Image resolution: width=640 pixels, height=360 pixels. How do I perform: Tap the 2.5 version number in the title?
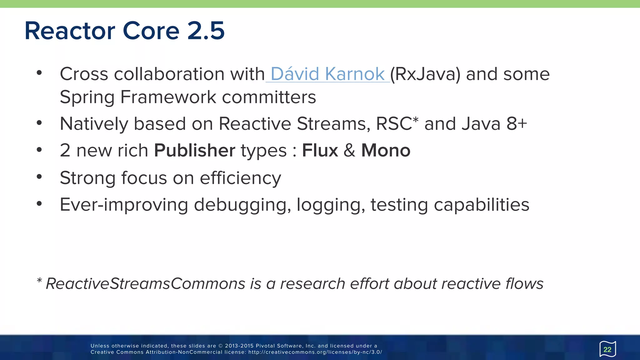pyautogui.click(x=206, y=31)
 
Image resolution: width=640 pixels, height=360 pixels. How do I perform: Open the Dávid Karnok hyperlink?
pyautogui.click(x=327, y=74)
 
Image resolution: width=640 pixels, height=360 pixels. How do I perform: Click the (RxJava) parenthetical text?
pyautogui.click(x=425, y=74)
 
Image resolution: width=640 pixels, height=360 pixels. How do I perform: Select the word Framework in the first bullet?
pyautogui.click(x=168, y=97)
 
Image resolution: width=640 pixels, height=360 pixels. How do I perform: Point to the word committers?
pyautogui.click(x=269, y=97)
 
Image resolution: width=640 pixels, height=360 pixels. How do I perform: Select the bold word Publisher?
pyautogui.click(x=194, y=151)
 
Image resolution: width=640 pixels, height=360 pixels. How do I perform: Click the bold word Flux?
pyautogui.click(x=320, y=151)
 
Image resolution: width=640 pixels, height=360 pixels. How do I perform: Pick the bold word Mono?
pyautogui.click(x=386, y=151)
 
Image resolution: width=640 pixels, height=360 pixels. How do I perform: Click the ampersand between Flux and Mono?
pyautogui.click(x=349, y=151)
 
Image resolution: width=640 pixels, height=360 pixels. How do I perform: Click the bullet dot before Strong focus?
pyautogui.click(x=39, y=177)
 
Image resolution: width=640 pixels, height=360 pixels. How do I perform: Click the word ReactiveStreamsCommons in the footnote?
pyautogui.click(x=145, y=284)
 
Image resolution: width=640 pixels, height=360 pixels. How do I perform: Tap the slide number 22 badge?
pyautogui.click(x=607, y=349)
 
